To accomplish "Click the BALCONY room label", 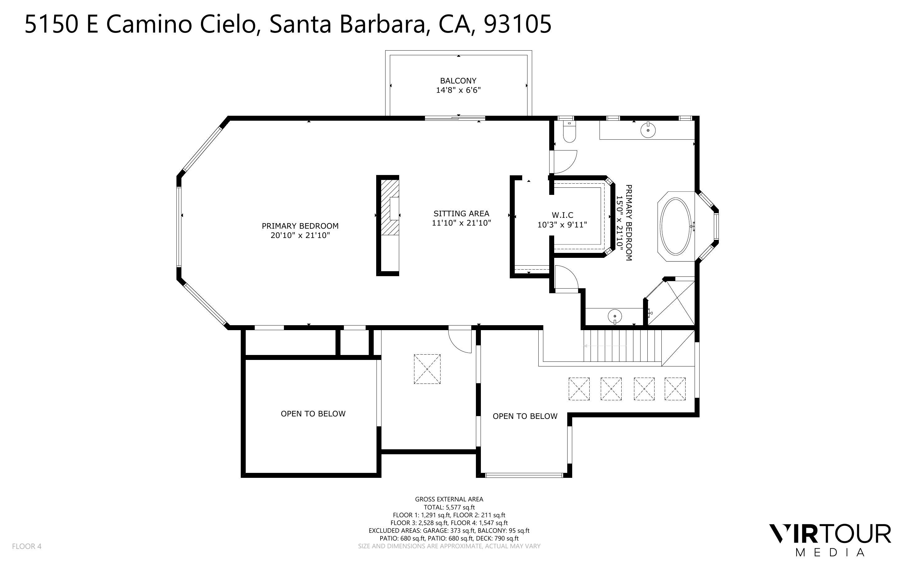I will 458,80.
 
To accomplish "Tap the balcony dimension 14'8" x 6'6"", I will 458,90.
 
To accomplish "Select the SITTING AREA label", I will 461,213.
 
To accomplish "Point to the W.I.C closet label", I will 562,215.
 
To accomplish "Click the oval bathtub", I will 675,226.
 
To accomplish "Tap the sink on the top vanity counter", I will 648,130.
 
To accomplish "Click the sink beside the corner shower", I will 615,316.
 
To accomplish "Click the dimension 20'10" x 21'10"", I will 300,235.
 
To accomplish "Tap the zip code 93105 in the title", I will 518,25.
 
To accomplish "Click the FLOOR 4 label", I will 27,546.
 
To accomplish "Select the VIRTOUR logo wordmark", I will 829,535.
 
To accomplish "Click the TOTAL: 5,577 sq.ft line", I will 449,507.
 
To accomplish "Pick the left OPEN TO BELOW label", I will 313,414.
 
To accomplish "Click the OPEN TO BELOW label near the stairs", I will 525,416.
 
